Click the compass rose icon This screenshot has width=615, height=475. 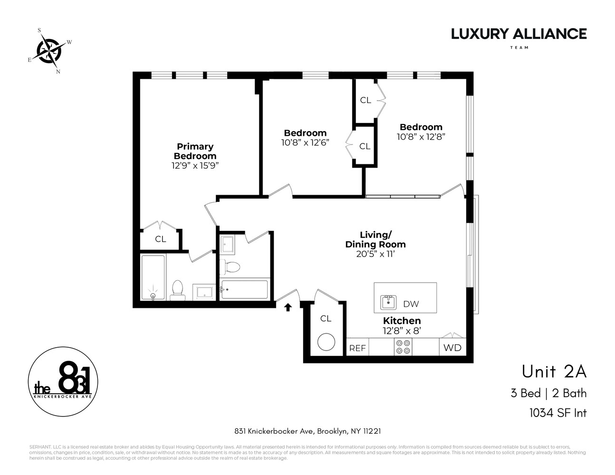click(48, 49)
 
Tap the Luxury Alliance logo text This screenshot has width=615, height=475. click(519, 34)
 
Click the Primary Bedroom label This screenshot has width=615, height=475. click(195, 151)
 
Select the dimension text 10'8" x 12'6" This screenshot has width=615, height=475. click(305, 142)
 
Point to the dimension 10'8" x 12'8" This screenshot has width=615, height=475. click(421, 137)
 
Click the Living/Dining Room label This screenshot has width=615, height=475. click(375, 239)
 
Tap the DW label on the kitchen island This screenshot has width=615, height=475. click(411, 304)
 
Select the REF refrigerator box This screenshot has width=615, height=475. click(357, 348)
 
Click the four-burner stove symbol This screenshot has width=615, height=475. click(403, 347)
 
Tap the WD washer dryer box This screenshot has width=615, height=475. click(452, 347)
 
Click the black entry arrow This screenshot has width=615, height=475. click(288, 307)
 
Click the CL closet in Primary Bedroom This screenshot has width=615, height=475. click(161, 239)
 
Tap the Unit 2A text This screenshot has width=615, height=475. click(554, 372)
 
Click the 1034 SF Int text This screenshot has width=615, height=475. click(557, 413)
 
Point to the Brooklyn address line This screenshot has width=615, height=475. click(307, 431)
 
